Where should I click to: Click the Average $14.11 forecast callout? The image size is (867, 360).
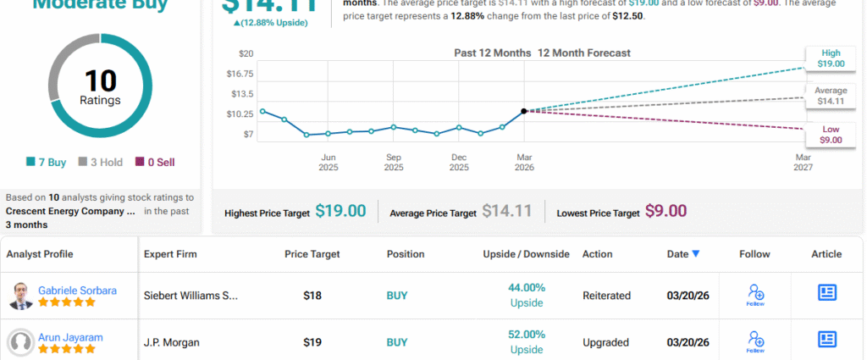pyautogui.click(x=830, y=95)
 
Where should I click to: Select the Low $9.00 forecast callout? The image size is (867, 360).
pyautogui.click(x=831, y=134)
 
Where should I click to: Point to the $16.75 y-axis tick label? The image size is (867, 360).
pyautogui.click(x=240, y=73)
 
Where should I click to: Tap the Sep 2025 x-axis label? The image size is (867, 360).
pyautogui.click(x=394, y=162)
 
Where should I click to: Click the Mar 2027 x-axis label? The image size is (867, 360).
pyautogui.click(x=803, y=162)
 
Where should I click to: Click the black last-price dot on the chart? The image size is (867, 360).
pyautogui.click(x=524, y=111)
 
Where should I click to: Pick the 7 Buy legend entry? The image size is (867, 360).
pyautogui.click(x=47, y=162)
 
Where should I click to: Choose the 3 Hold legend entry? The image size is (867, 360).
pyautogui.click(x=99, y=162)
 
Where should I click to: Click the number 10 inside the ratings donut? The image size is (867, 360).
pyautogui.click(x=100, y=81)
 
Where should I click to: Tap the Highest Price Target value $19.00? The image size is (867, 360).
pyautogui.click(x=340, y=212)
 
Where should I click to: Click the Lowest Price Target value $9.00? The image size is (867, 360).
pyautogui.click(x=665, y=212)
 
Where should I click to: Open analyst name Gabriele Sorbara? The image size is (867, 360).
pyautogui.click(x=77, y=291)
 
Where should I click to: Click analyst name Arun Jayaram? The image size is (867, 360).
pyautogui.click(x=70, y=337)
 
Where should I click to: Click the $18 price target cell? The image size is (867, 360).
pyautogui.click(x=313, y=296)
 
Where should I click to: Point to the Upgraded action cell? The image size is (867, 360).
pyautogui.click(x=605, y=342)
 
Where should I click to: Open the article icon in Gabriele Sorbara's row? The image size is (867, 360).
pyautogui.click(x=827, y=292)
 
